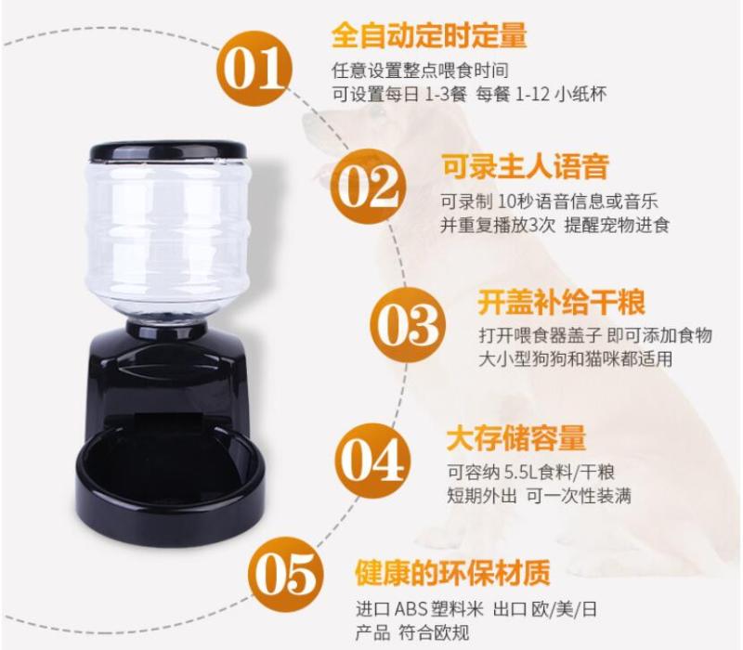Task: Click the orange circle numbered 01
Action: tap(254, 69)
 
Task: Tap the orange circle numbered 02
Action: tap(368, 187)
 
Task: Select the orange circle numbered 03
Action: tap(408, 325)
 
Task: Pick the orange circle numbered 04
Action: tap(373, 461)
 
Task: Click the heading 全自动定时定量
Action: tap(429, 34)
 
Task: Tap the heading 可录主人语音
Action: tap(525, 166)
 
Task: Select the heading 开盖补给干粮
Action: tap(561, 302)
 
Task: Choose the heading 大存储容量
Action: tap(516, 438)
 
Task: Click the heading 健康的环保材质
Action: tap(452, 573)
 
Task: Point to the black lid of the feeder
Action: tap(169, 150)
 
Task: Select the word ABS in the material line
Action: tap(411, 609)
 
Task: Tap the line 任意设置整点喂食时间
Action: tap(420, 71)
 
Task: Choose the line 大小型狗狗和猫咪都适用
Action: tap(575, 358)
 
